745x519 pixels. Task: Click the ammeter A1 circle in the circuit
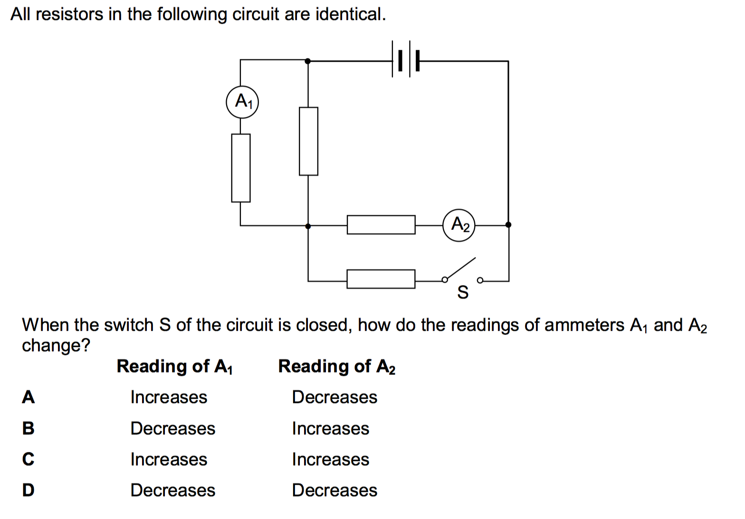pyautogui.click(x=242, y=102)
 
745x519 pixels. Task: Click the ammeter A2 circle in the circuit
pyautogui.click(x=459, y=225)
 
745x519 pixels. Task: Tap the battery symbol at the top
pyautogui.click(x=405, y=61)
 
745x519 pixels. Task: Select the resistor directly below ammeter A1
pyautogui.click(x=241, y=168)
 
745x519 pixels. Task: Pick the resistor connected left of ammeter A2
pyautogui.click(x=381, y=225)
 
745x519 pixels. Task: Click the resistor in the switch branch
pyautogui.click(x=381, y=279)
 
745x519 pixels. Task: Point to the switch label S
pyautogui.click(x=462, y=292)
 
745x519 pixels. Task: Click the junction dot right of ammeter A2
pyautogui.click(x=508, y=225)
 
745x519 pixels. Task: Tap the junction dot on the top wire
pyautogui.click(x=308, y=61)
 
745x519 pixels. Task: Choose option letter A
pyautogui.click(x=29, y=397)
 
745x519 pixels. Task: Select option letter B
pyautogui.click(x=29, y=428)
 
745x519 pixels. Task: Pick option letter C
pyautogui.click(x=29, y=459)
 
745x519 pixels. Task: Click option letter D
pyautogui.click(x=29, y=490)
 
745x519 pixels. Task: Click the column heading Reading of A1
pyautogui.click(x=175, y=366)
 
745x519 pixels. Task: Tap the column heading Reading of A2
pyautogui.click(x=337, y=366)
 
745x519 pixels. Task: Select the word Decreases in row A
pyautogui.click(x=334, y=397)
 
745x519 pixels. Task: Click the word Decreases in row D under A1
pyautogui.click(x=173, y=490)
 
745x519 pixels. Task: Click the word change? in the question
pyautogui.click(x=56, y=346)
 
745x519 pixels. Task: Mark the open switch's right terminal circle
pyautogui.click(x=480, y=280)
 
